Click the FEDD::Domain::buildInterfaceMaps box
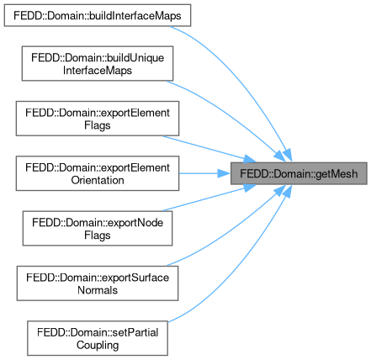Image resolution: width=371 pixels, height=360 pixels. (98, 15)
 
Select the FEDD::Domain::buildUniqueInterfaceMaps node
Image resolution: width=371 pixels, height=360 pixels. (98, 64)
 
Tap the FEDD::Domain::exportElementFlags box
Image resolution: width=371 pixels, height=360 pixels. (98, 119)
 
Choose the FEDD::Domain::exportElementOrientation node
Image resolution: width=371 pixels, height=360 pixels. (98, 173)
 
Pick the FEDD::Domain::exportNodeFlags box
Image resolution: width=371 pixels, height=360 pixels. (98, 229)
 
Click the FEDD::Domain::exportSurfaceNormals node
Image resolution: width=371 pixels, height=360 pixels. (98, 283)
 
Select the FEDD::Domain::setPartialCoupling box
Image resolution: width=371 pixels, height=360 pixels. (98, 338)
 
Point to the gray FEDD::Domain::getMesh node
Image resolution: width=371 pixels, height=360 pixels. (299, 173)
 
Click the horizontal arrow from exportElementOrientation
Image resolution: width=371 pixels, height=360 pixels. (204, 173)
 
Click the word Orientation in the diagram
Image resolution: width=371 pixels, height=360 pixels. (98, 180)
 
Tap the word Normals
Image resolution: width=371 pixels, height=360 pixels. (98, 290)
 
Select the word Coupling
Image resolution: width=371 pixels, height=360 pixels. (98, 345)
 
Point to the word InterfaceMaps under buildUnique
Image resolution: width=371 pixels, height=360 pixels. (98, 70)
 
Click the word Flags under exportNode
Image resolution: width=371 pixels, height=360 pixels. (98, 235)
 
